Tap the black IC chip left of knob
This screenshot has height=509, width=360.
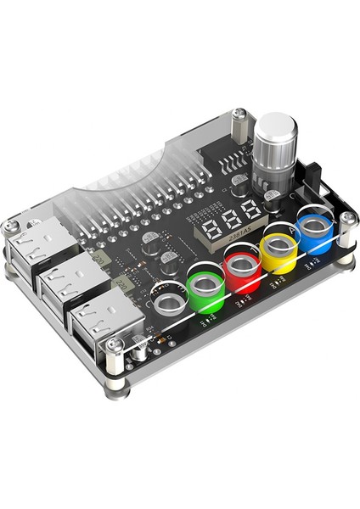tap(224, 164)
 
